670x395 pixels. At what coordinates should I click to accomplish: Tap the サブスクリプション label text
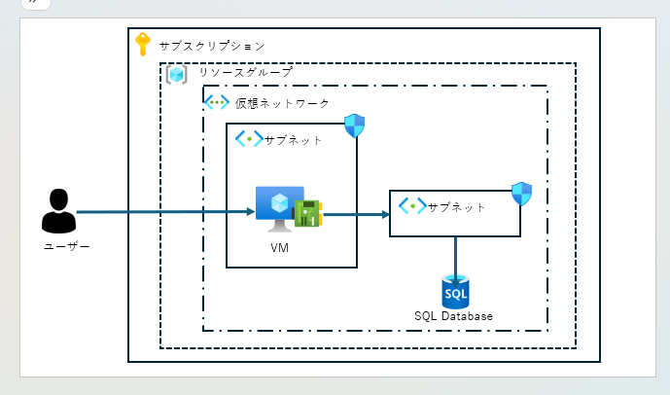coord(212,46)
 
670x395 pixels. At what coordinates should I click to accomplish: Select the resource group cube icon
coord(177,74)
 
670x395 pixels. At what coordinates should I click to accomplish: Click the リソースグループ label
coord(244,73)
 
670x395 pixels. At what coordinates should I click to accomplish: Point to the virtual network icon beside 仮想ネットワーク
coord(216,102)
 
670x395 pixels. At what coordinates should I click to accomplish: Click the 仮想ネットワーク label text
coord(282,103)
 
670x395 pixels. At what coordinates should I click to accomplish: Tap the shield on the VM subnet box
coord(355,126)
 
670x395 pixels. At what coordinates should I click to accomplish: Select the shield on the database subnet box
coord(521,193)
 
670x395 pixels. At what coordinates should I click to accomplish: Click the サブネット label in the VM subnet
coord(294,140)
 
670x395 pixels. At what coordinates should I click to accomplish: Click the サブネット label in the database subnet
coord(457,207)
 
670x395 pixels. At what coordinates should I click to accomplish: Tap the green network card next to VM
coord(308,214)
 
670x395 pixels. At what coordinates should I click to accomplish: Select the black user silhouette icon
coord(58,212)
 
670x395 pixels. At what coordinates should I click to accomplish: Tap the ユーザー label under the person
coord(66,247)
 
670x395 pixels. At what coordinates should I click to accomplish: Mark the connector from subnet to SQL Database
coord(455,256)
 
